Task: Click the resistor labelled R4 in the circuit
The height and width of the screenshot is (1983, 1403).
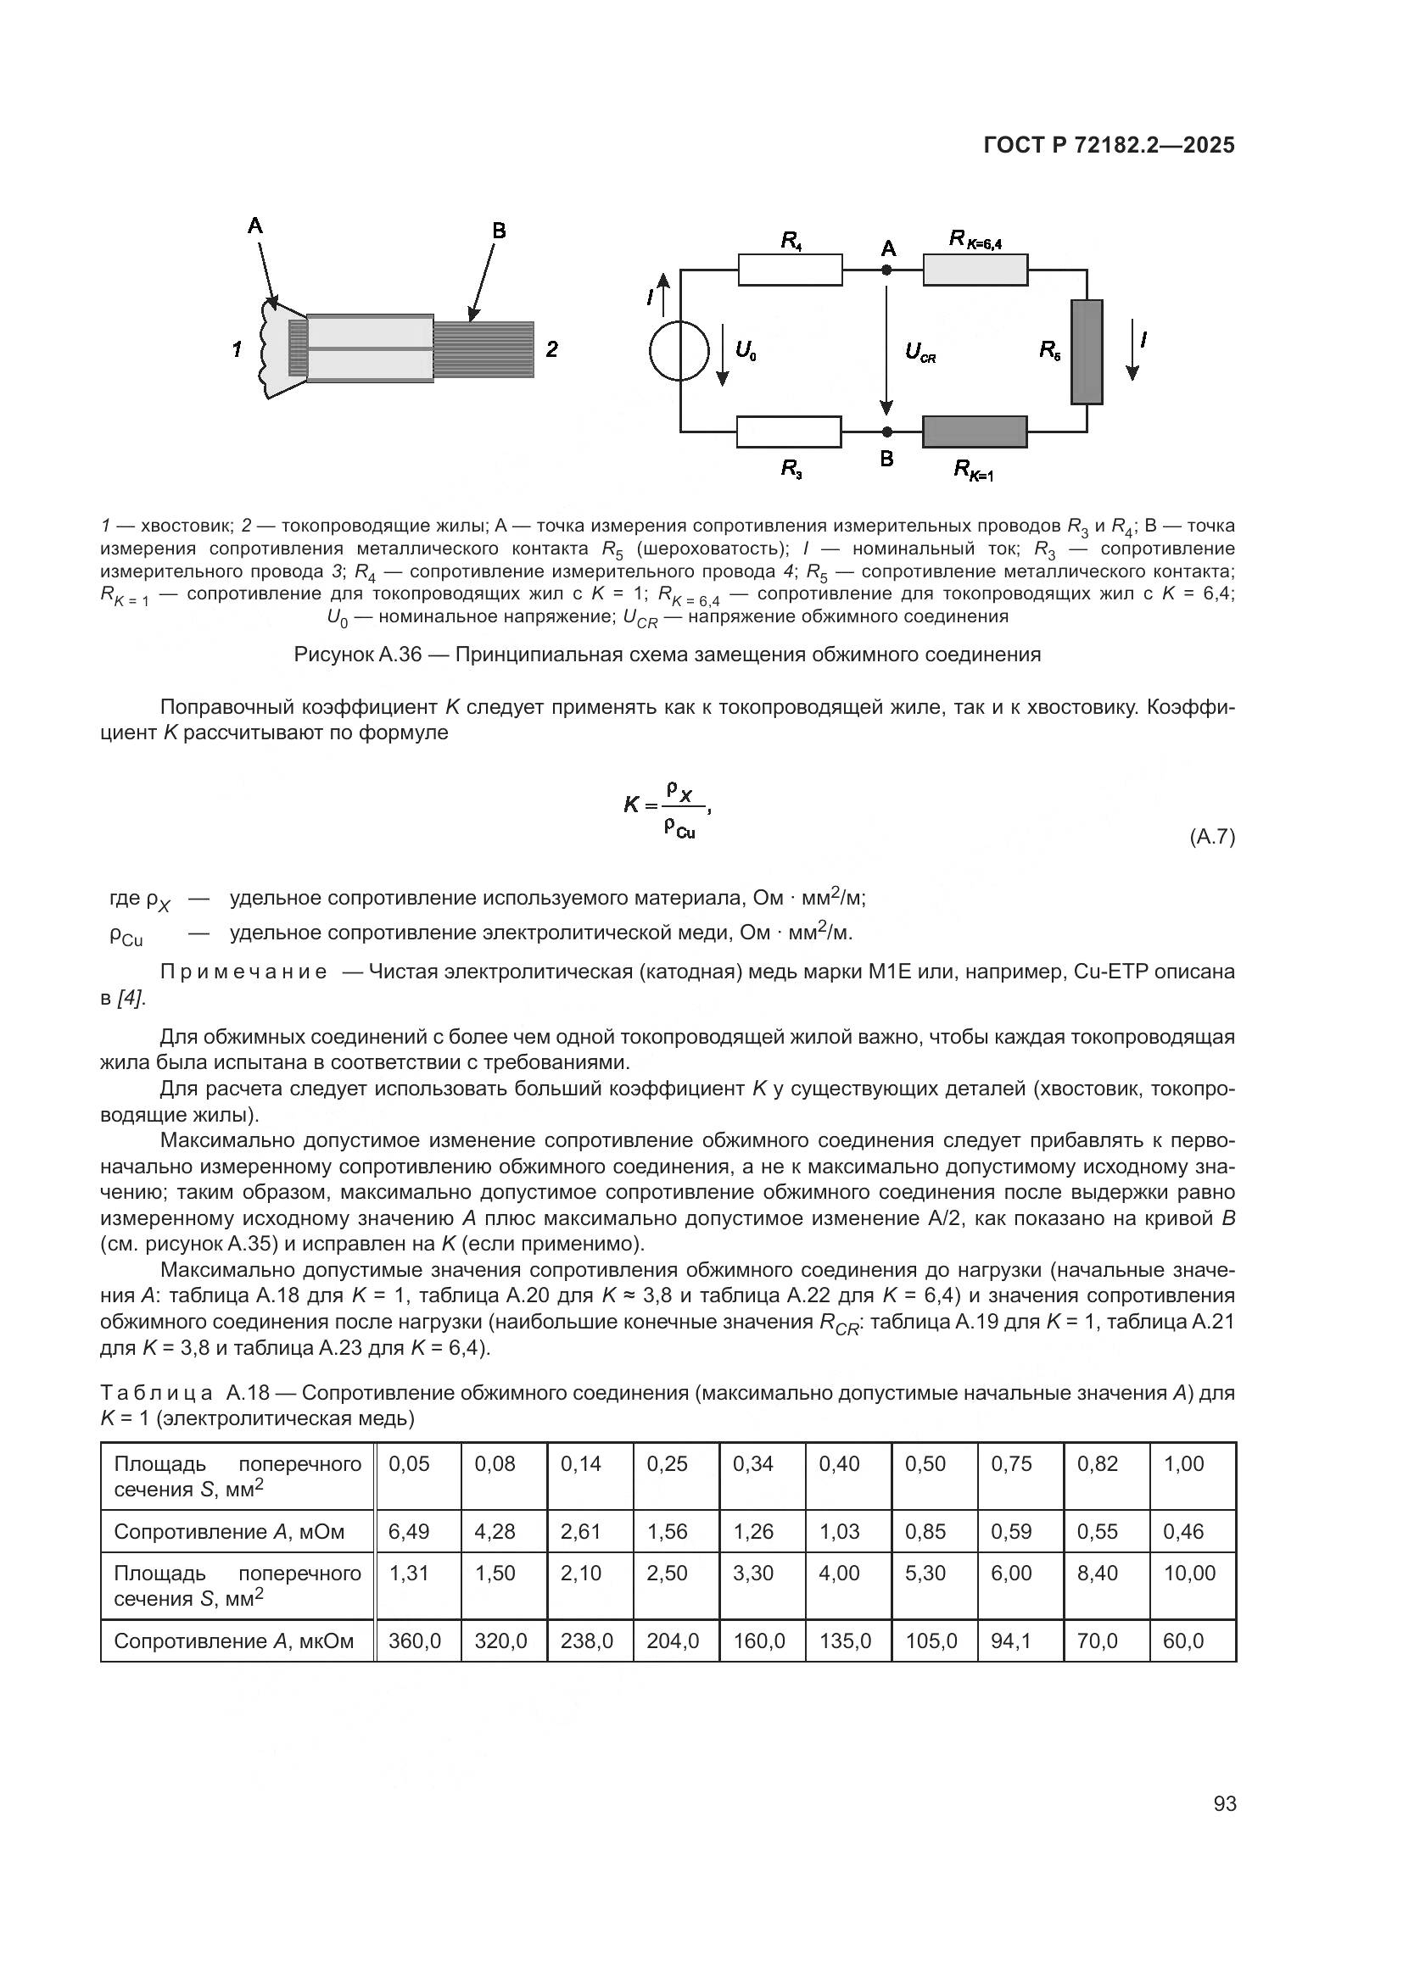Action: pyautogui.click(x=790, y=270)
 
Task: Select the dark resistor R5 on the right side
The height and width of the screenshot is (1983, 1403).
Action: pyautogui.click(x=1086, y=352)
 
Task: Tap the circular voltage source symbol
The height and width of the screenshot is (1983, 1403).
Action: pyautogui.click(x=679, y=351)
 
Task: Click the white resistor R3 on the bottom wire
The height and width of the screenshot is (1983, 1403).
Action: pyautogui.click(x=788, y=432)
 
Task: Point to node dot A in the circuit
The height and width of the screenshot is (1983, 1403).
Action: pyautogui.click(x=886, y=270)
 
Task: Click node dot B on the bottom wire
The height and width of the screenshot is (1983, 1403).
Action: pyautogui.click(x=886, y=432)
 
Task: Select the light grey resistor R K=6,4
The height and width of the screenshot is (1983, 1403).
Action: pyautogui.click(x=975, y=270)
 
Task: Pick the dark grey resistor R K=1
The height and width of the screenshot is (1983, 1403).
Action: pyautogui.click(x=975, y=432)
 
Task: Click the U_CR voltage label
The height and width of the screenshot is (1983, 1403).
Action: pyautogui.click(x=920, y=352)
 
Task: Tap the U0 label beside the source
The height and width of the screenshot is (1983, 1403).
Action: pyautogui.click(x=746, y=350)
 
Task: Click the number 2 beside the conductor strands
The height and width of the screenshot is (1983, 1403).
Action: pyautogui.click(x=551, y=349)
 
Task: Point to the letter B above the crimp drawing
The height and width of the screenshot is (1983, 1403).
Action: pyautogui.click(x=499, y=231)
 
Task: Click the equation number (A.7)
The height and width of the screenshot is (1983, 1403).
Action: pyautogui.click(x=1212, y=837)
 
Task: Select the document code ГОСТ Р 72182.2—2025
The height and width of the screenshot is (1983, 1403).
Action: pyautogui.click(x=1109, y=146)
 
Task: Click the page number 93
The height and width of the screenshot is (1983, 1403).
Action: pyautogui.click(x=1224, y=1803)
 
